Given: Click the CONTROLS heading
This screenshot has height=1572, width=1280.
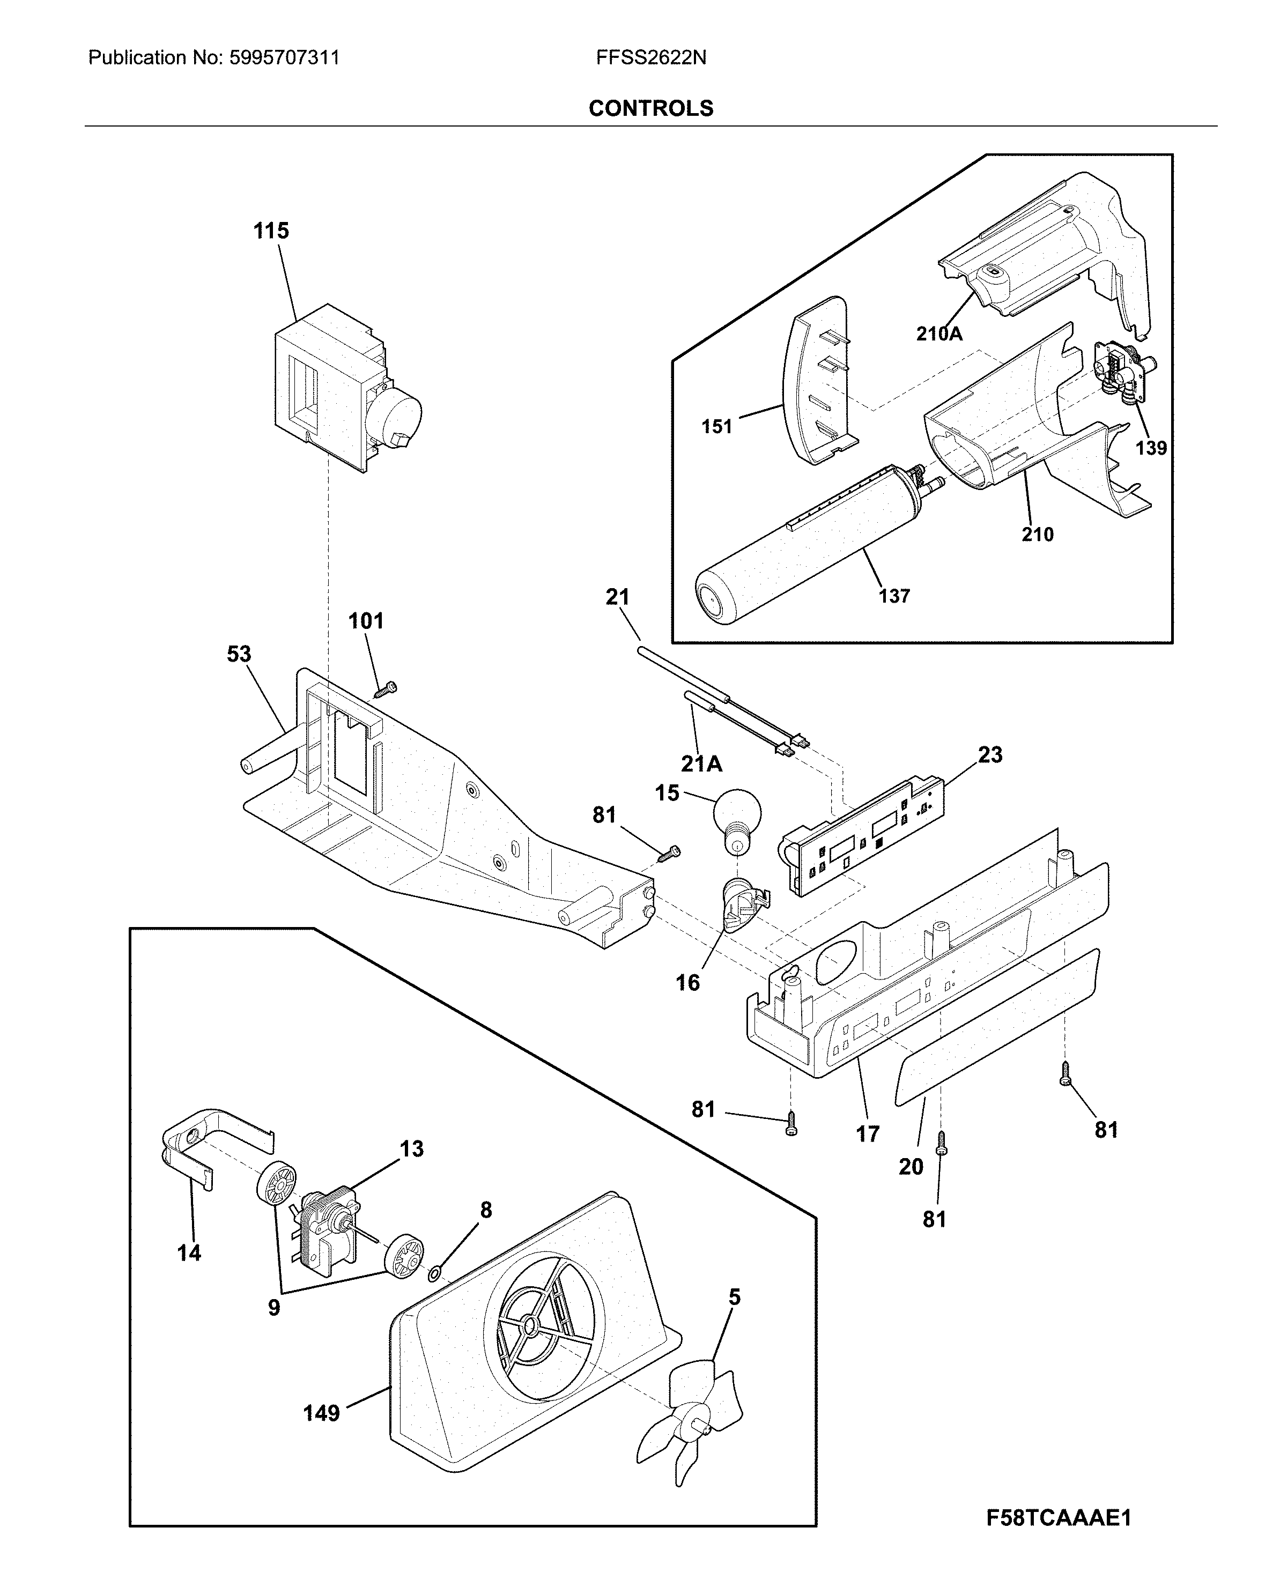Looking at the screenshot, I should click(650, 108).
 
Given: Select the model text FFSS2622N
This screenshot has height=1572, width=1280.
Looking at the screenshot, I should click(650, 57).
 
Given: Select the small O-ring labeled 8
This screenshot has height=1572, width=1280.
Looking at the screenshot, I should click(435, 1271).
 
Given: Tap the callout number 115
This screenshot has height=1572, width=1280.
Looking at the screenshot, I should click(271, 231).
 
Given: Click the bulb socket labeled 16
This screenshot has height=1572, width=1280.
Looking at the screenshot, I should click(743, 906).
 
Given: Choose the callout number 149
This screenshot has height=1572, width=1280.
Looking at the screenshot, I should click(322, 1413).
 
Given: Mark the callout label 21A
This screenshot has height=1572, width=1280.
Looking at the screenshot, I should click(701, 764).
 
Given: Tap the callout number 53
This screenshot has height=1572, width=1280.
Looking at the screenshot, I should click(239, 654).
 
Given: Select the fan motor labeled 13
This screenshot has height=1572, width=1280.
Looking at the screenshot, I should click(328, 1224).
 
